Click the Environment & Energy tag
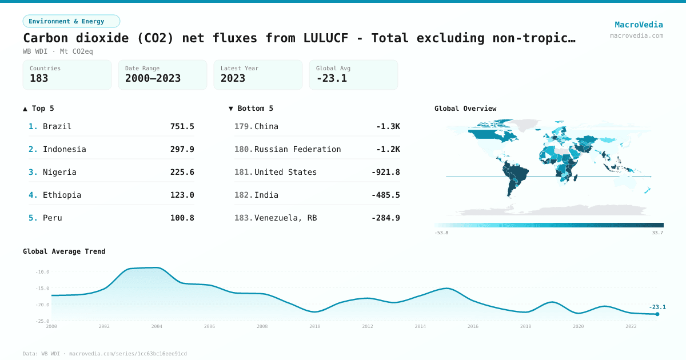[x=71, y=21]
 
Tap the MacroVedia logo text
[x=639, y=25]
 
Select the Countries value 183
[x=39, y=78]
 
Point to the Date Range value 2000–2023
[x=153, y=78]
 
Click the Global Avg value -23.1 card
[x=353, y=75]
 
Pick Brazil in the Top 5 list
[x=57, y=126]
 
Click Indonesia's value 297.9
[x=182, y=149]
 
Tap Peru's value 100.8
[x=182, y=218]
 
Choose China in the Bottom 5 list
[x=266, y=126]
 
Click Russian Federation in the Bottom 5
[x=297, y=149]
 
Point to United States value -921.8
[x=385, y=172]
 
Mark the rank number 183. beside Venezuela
[x=244, y=218]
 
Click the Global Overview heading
[x=465, y=109]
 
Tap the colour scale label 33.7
[x=657, y=233]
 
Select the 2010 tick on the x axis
[x=315, y=326]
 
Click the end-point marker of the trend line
[x=657, y=314]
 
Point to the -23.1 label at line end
[x=657, y=307]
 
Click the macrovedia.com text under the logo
[x=636, y=35]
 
